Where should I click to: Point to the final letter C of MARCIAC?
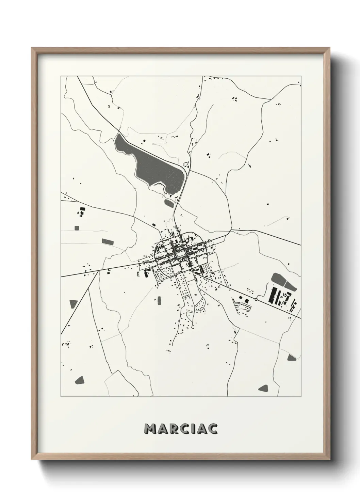click(213, 429)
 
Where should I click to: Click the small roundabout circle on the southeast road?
click(256, 299)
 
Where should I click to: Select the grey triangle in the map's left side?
click(73, 304)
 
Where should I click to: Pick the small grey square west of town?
click(77, 228)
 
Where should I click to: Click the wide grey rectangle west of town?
click(108, 241)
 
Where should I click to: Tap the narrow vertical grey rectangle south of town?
click(159, 300)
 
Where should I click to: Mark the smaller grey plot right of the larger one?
click(290, 286)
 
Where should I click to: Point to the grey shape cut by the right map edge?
click(292, 357)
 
